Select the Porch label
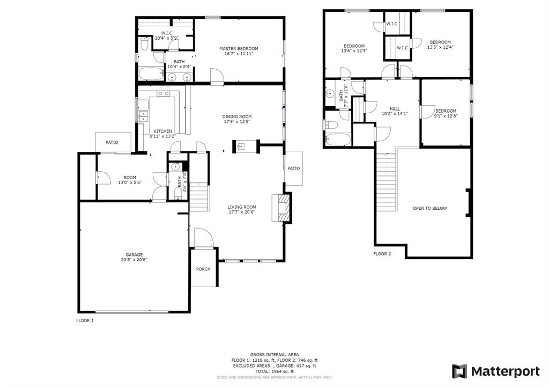click(203, 269)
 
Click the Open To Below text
click(429, 208)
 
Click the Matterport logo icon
click(459, 371)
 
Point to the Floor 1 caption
click(85, 320)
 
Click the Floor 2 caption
click(382, 254)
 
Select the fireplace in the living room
click(281, 208)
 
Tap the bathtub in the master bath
click(152, 74)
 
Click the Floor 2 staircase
click(387, 182)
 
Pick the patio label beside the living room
click(293, 168)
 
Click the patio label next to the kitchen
click(112, 142)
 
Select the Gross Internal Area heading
click(274, 355)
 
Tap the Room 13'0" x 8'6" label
click(130, 180)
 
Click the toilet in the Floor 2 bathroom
click(331, 125)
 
